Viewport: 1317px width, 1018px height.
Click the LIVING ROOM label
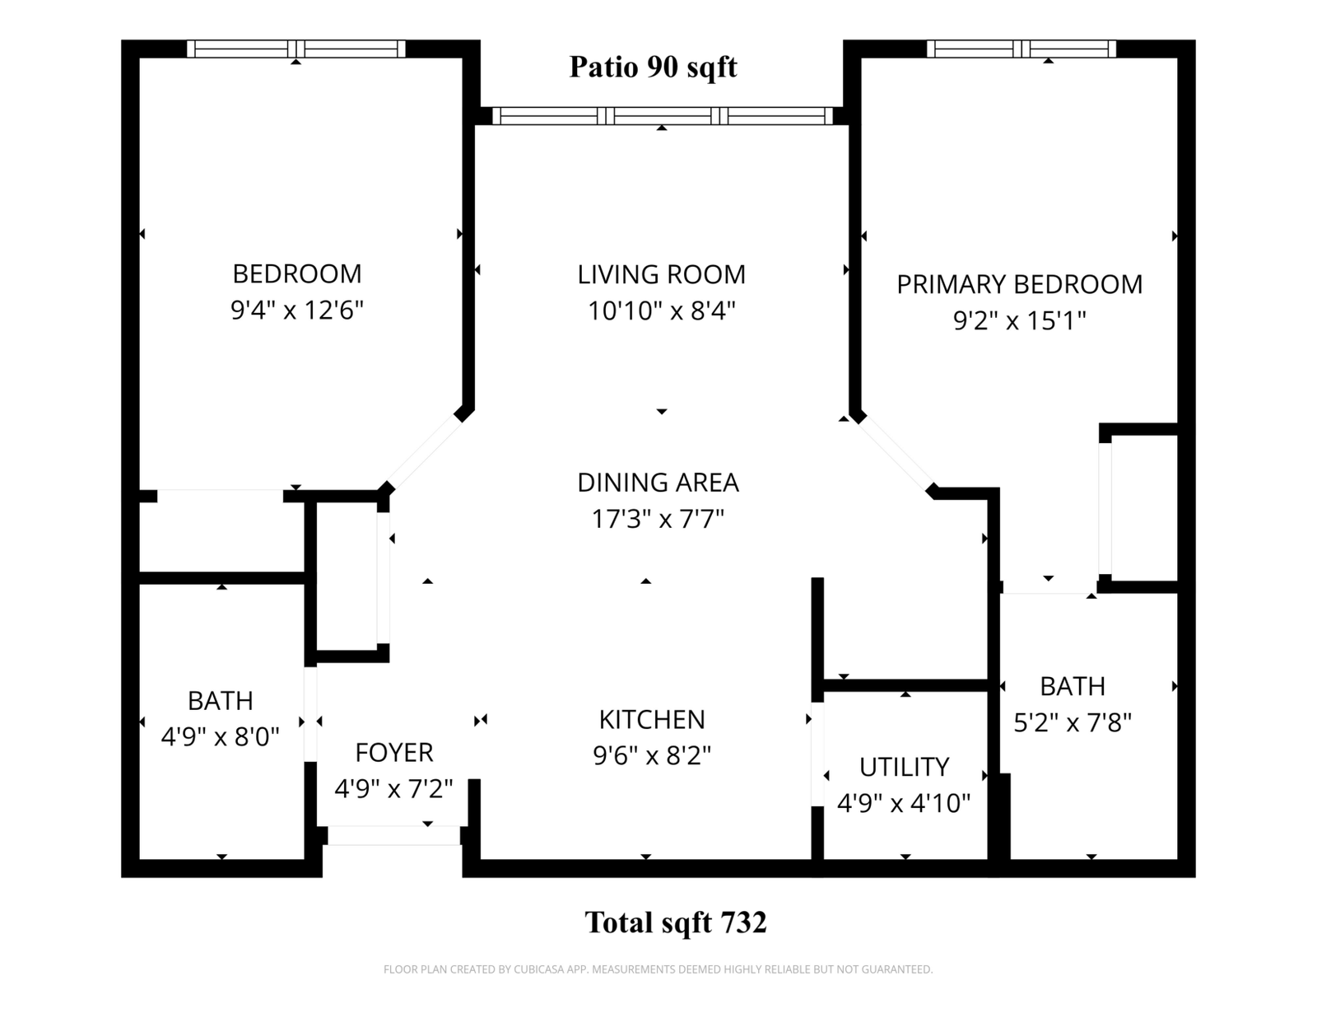tap(661, 274)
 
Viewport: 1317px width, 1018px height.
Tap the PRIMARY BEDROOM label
tap(1019, 284)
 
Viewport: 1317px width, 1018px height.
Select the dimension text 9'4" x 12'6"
tap(297, 311)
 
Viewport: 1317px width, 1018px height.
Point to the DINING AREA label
tap(658, 483)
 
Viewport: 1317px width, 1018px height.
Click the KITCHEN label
tap(652, 720)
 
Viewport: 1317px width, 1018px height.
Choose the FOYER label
tap(394, 753)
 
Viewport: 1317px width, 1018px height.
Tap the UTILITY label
tap(905, 768)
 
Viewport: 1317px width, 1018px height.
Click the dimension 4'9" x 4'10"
tap(904, 803)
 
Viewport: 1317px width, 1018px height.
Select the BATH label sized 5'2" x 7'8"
tap(1073, 686)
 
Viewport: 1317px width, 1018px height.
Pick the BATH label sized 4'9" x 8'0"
tap(220, 701)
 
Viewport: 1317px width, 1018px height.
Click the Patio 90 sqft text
tap(654, 67)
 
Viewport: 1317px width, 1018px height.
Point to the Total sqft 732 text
tap(676, 922)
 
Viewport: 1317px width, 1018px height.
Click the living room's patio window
tap(663, 116)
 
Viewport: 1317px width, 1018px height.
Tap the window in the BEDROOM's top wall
tap(296, 49)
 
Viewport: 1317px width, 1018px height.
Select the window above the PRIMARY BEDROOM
tap(1021, 49)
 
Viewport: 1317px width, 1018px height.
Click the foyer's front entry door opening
tap(394, 835)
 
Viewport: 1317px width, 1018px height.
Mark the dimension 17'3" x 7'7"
tap(658, 519)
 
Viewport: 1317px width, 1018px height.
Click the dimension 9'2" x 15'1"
tap(1019, 320)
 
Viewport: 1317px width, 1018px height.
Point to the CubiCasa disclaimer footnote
tap(658, 969)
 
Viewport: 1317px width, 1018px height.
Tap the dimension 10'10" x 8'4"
tap(661, 311)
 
